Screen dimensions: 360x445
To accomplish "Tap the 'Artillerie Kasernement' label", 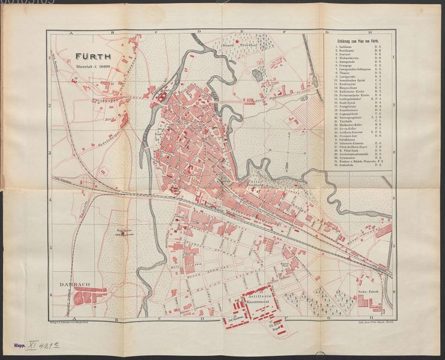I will (x=258, y=294).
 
